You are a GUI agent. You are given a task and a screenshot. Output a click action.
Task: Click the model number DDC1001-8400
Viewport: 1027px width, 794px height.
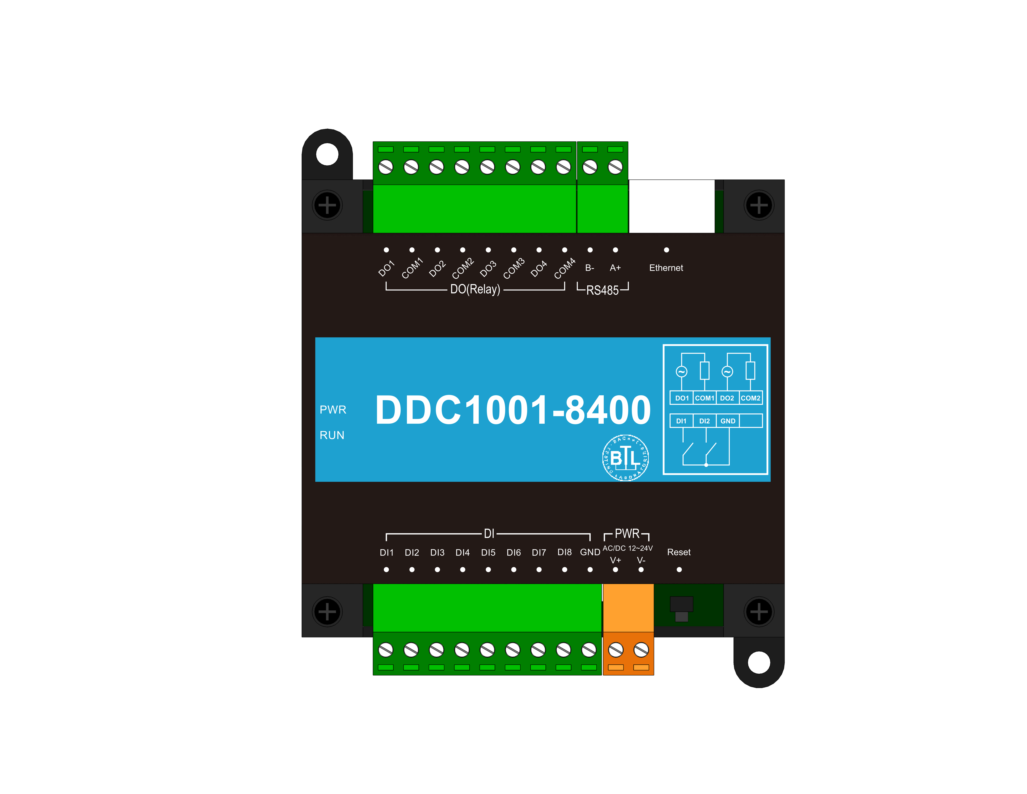click(513, 410)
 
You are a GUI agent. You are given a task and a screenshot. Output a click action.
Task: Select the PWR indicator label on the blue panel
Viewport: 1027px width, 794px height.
click(333, 410)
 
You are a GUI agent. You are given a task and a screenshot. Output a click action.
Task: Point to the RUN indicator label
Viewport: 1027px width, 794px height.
click(332, 435)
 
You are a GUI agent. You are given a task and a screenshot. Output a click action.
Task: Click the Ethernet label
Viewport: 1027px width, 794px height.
click(666, 268)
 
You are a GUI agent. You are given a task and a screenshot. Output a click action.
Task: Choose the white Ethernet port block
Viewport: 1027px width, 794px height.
click(671, 206)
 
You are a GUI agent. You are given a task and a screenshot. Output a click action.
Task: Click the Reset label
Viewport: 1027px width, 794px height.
click(679, 552)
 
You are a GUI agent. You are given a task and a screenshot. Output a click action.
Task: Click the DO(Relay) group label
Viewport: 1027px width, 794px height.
click(475, 289)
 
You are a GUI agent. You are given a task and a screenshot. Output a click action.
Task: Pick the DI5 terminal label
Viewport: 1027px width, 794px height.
click(488, 553)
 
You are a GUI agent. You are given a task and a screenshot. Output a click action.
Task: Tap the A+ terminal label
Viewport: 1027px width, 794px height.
click(615, 268)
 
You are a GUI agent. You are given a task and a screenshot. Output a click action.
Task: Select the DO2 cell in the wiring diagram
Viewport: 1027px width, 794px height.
click(727, 398)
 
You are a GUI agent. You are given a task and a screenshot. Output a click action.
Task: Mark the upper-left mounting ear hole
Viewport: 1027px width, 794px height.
click(327, 154)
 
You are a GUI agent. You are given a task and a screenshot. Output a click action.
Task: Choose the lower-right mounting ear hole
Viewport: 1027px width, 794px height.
click(759, 662)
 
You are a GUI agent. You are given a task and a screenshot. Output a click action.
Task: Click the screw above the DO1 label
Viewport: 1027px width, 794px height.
click(386, 167)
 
